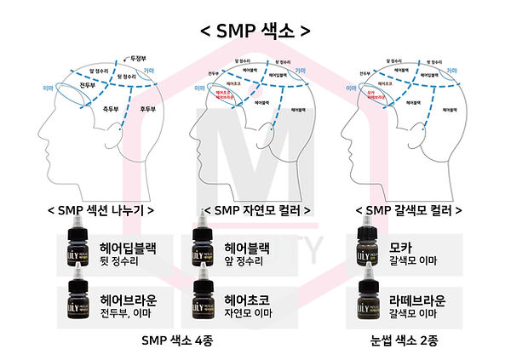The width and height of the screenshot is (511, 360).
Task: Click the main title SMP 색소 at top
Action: (x=255, y=31)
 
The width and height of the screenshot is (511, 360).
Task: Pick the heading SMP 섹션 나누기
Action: (x=96, y=209)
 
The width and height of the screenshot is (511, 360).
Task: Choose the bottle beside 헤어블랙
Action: (x=202, y=251)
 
